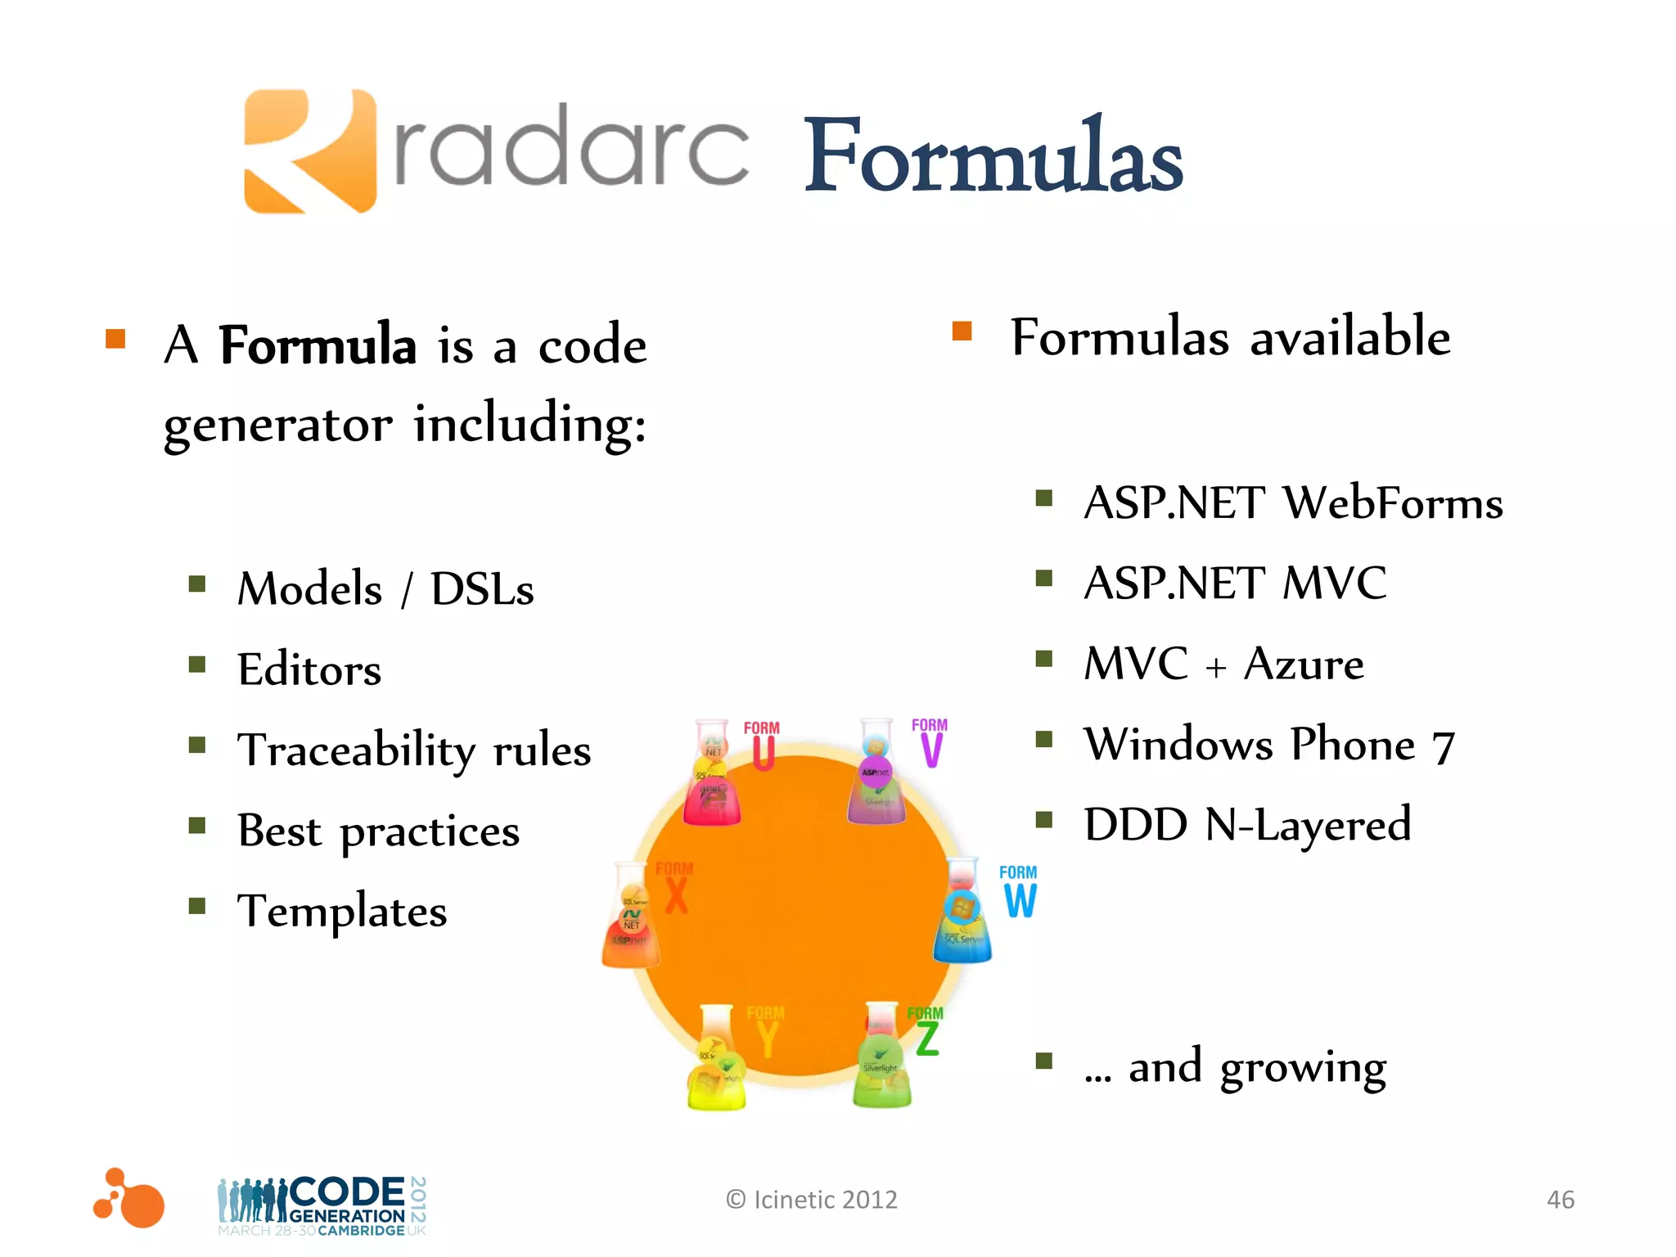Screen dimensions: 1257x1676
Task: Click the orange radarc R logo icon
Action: pyautogui.click(x=309, y=151)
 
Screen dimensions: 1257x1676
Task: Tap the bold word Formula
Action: pyautogui.click(x=318, y=345)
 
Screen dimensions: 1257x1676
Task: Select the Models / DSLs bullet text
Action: pyautogui.click(x=385, y=588)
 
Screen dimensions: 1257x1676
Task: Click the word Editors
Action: pyautogui.click(x=309, y=669)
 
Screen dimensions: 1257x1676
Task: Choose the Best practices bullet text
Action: pyautogui.click(x=378, y=831)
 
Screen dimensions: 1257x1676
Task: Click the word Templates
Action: pyautogui.click(x=342, y=911)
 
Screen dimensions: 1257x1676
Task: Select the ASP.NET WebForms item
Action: pyautogui.click(x=1292, y=502)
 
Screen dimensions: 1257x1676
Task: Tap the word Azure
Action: pyautogui.click(x=1303, y=664)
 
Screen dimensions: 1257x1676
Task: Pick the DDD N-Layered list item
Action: pyautogui.click(x=1247, y=824)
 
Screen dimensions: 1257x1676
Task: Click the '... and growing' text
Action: pyautogui.click(x=1235, y=1066)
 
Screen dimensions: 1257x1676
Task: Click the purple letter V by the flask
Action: pyautogui.click(x=931, y=749)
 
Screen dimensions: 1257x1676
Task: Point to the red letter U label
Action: pyautogui.click(x=763, y=753)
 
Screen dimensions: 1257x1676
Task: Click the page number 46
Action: pyautogui.click(x=1560, y=1200)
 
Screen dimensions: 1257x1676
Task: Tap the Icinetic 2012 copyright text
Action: pyautogui.click(x=812, y=1200)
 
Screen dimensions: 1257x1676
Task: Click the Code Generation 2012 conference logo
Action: pyautogui.click(x=322, y=1205)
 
